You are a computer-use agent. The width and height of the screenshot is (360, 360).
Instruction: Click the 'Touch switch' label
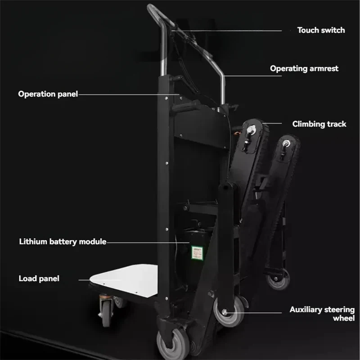tap(321, 30)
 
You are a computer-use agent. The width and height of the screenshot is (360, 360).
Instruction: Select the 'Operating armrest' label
tap(304, 68)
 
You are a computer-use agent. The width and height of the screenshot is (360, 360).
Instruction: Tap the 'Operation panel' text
tap(48, 94)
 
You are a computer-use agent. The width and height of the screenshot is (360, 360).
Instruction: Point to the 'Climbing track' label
tap(319, 124)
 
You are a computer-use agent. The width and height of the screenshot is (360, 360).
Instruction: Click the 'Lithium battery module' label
tap(63, 242)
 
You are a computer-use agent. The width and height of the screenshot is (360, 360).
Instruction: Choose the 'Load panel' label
tap(39, 279)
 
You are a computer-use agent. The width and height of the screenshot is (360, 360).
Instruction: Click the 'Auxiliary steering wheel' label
tap(322, 314)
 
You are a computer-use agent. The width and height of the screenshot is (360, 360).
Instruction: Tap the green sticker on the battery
tap(197, 253)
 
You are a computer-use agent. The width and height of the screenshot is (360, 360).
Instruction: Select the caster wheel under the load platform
tap(106, 313)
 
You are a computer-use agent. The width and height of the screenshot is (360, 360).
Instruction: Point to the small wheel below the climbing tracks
tap(278, 279)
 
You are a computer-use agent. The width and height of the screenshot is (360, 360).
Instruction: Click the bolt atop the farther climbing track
tap(286, 143)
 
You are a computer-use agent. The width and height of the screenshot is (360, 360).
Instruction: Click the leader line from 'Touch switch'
tap(227, 31)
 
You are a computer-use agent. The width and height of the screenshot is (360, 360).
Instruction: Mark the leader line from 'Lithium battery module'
tap(148, 243)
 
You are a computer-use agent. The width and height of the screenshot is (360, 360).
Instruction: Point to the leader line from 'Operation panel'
tap(129, 94)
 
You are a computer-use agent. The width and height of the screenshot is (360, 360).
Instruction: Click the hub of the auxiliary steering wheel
tap(224, 312)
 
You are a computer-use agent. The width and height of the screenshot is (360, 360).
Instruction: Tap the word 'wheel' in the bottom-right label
tap(344, 318)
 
